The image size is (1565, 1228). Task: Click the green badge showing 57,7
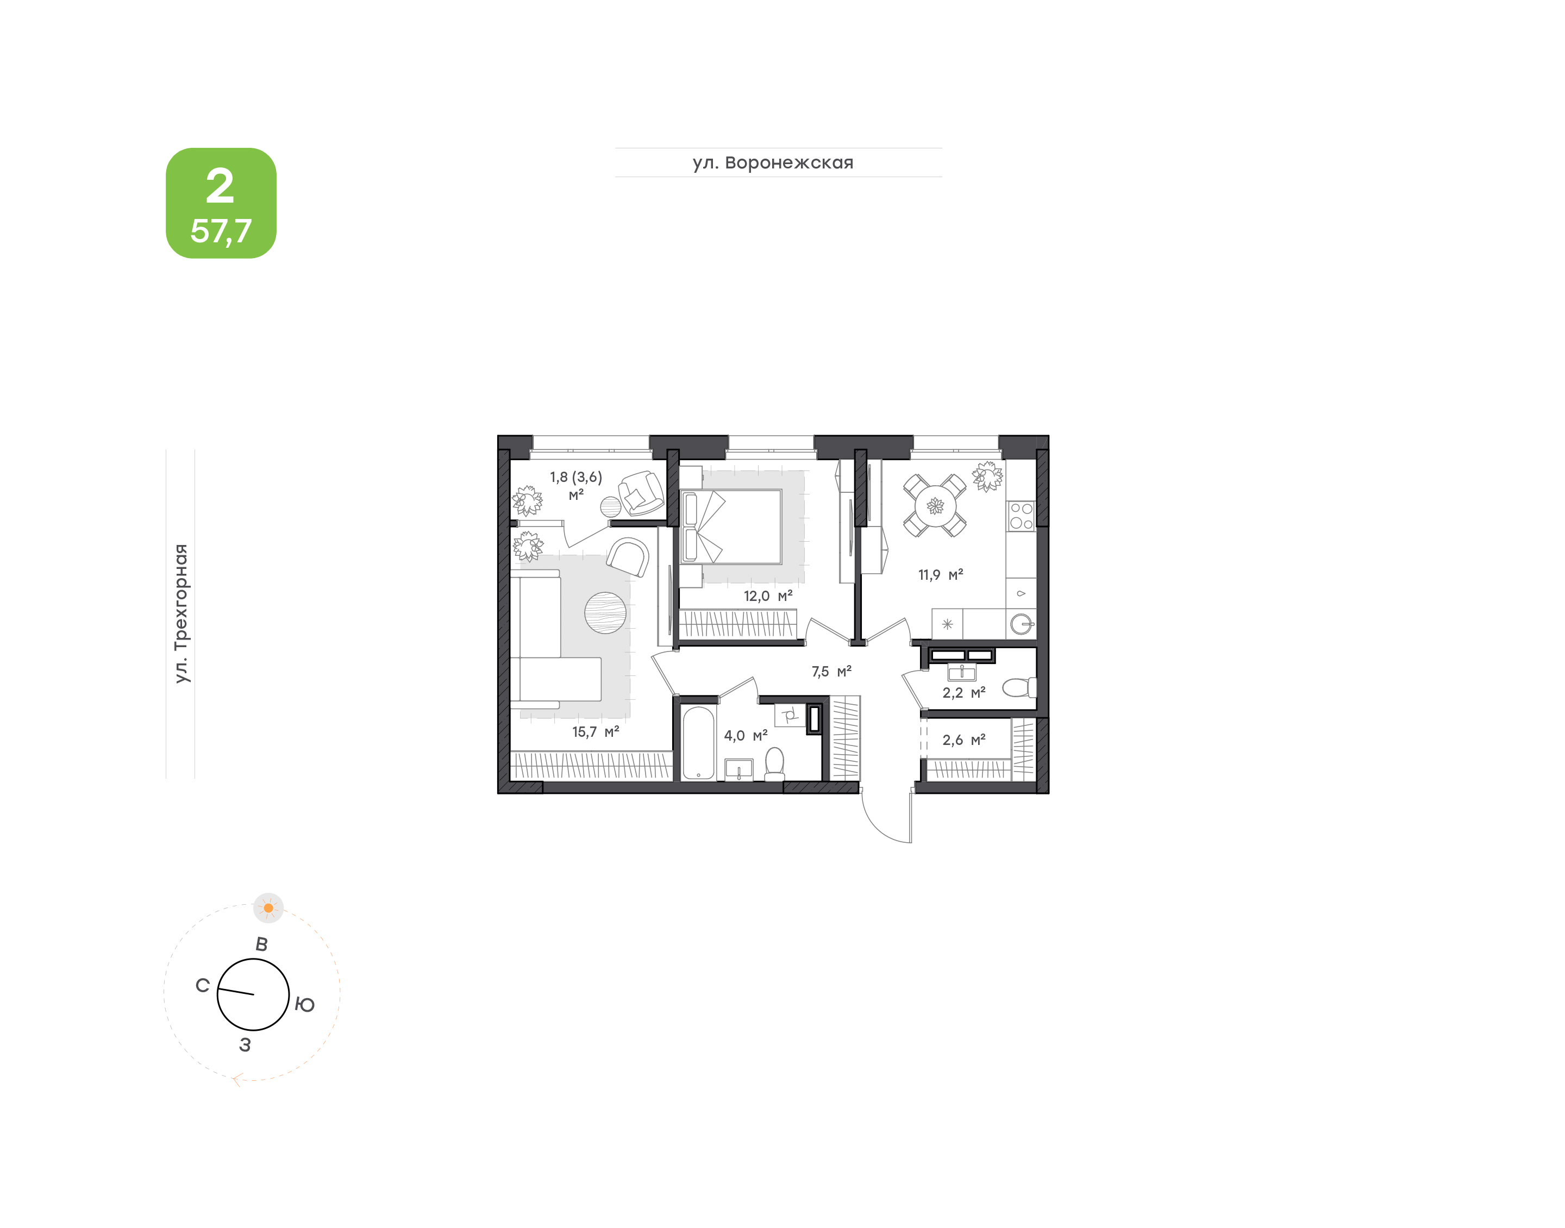tap(221, 203)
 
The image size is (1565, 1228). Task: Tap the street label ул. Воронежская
tap(773, 163)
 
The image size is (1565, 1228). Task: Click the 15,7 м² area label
tap(595, 732)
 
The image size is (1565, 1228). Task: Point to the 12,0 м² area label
tap(768, 596)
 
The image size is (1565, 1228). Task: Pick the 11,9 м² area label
tap(940, 574)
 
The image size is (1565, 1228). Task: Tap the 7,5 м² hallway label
tap(831, 672)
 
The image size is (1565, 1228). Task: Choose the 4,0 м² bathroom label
tap(746, 736)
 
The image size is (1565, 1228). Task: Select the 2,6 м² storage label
tap(964, 740)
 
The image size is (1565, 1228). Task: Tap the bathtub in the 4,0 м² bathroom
tap(698, 743)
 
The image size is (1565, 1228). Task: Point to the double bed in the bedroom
tap(731, 527)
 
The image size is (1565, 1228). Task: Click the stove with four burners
tap(1021, 516)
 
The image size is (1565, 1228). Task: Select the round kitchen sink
tap(1022, 623)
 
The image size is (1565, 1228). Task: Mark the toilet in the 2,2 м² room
tap(1019, 687)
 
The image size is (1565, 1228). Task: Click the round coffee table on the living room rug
tap(605, 612)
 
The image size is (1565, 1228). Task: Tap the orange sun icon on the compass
tap(268, 908)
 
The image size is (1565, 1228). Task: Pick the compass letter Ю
tap(305, 1005)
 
